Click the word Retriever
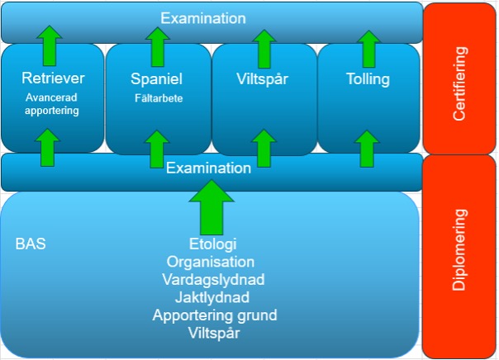point(52,79)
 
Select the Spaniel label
point(157,79)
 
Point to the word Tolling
point(368,79)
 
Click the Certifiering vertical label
point(461,84)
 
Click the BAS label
point(31,245)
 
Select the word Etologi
point(213,245)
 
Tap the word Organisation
point(213,262)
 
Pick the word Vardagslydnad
point(213,279)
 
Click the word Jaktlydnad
point(213,297)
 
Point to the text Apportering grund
point(213,315)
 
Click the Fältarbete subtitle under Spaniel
point(158,98)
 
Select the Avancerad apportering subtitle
point(52,103)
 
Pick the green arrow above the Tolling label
point(368,48)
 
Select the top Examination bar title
point(203,17)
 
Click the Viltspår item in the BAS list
point(213,333)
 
